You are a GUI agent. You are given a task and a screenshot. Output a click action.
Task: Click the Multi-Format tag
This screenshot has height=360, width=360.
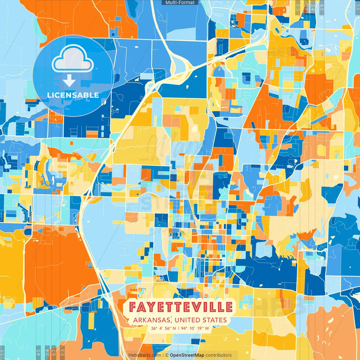tap(180, 3)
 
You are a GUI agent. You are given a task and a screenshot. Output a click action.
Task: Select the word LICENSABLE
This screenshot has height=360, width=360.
tap(73, 95)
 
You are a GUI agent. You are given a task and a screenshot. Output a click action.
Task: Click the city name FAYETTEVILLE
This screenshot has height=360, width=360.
tap(181, 307)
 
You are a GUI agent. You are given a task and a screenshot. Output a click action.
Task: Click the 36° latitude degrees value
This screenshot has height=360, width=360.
tap(154, 328)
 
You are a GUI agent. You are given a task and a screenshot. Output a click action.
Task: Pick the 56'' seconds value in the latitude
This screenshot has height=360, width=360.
tap(168, 328)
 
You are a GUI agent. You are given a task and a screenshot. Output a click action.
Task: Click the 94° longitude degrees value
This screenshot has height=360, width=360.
tap(184, 328)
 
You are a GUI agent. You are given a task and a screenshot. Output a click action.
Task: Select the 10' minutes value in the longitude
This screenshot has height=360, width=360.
tap(193, 328)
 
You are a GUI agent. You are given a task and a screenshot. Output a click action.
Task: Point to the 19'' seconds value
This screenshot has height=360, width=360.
tap(200, 328)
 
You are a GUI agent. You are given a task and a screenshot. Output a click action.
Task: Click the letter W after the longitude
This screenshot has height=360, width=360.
tap(207, 328)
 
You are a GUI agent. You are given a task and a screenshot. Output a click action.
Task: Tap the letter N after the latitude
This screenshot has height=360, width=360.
tap(174, 328)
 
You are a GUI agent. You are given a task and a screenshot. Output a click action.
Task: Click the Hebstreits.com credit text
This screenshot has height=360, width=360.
tap(145, 355)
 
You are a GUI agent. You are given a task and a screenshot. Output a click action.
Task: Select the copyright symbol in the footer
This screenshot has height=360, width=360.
tap(167, 355)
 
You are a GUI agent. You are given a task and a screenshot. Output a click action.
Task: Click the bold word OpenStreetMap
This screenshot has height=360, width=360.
tap(187, 355)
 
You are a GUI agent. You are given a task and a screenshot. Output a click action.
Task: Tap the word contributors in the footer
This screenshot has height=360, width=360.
tap(219, 355)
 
